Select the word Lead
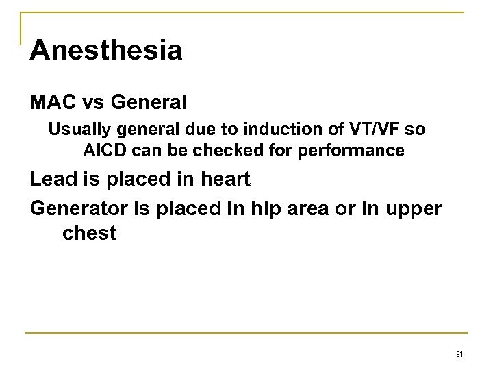click(50, 180)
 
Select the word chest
click(89, 234)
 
